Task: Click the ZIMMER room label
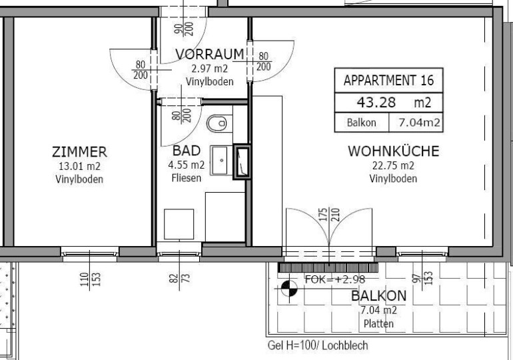[x=79, y=152]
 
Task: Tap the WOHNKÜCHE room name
[x=393, y=151]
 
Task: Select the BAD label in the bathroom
[x=187, y=151]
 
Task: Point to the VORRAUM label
[x=210, y=54]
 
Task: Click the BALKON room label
[x=379, y=296]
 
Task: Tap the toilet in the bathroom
[x=217, y=123]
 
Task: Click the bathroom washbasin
[x=220, y=161]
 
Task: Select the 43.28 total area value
[x=376, y=103]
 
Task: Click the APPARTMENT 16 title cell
[x=388, y=80]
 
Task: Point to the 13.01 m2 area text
[x=79, y=166]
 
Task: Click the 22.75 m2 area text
[x=393, y=165]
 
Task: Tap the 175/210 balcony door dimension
[x=330, y=215]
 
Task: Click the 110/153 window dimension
[x=90, y=279]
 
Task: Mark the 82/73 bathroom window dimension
[x=180, y=278]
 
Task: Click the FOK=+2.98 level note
[x=335, y=279]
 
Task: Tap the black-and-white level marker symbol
[x=289, y=288]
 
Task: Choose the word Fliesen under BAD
[x=187, y=178]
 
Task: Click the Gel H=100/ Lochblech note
[x=318, y=345]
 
